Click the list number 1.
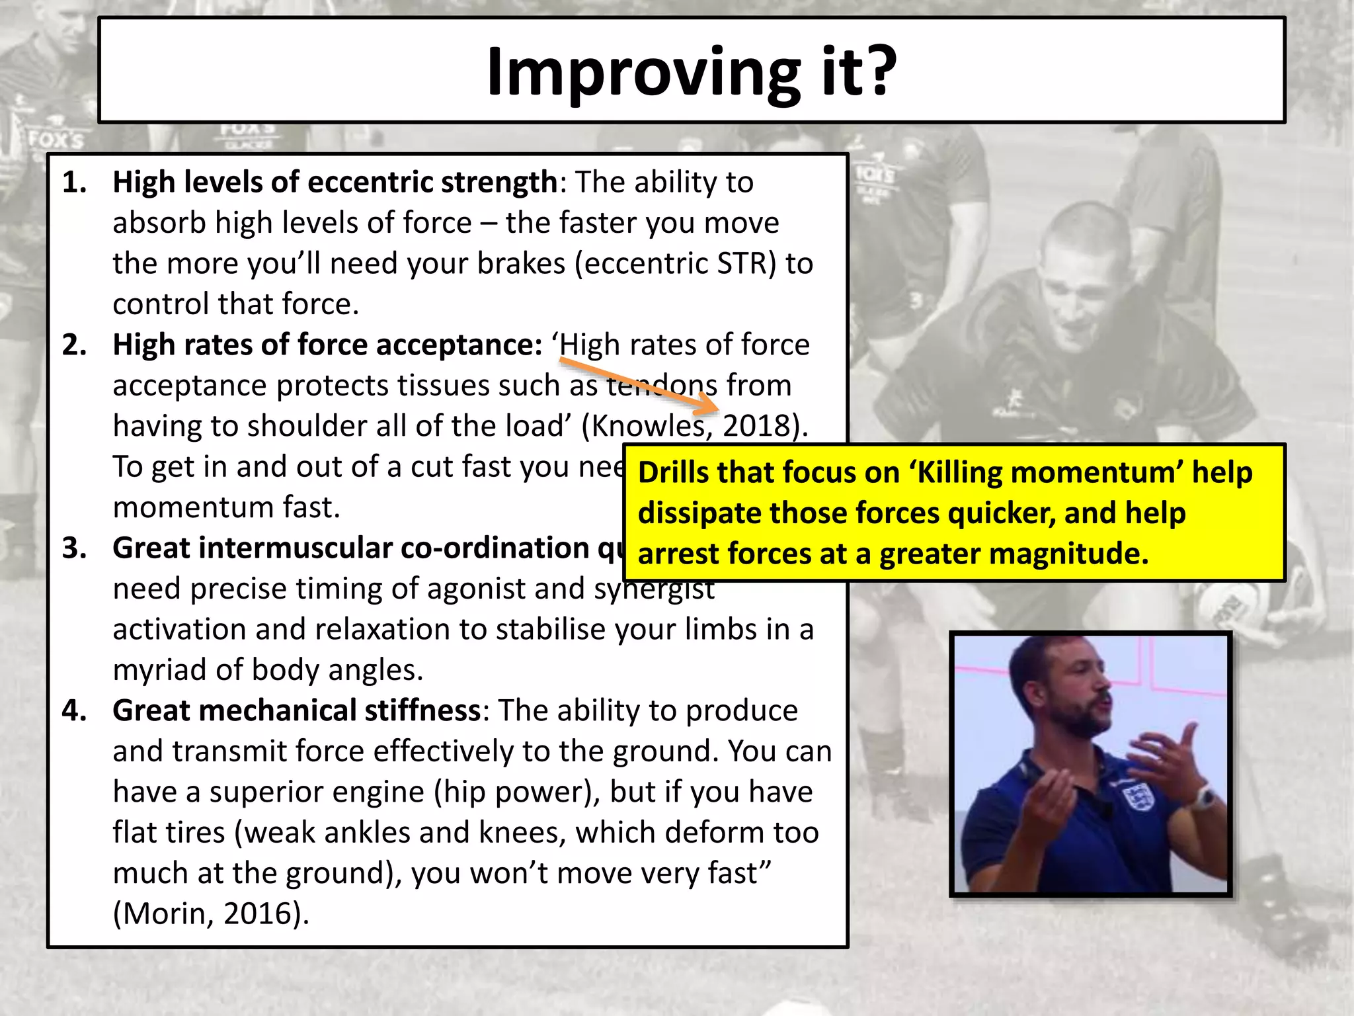pos(74,183)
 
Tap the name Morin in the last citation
pos(165,914)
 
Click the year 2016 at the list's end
pos(259,914)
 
